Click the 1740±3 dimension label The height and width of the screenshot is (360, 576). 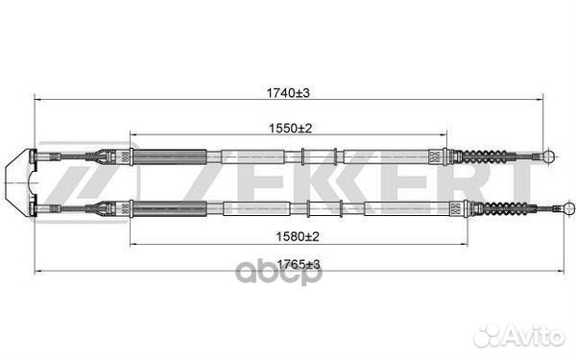coord(288,93)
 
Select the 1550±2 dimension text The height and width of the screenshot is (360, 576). coord(290,129)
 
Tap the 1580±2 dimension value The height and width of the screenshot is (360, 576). coord(298,236)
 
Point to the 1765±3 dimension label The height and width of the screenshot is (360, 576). coord(298,264)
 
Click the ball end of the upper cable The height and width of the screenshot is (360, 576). coord(549,156)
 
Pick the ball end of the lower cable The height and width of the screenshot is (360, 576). coord(569,208)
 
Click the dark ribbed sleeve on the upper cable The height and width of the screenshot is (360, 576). coord(169,156)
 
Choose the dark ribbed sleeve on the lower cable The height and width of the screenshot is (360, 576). coord(169,209)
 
